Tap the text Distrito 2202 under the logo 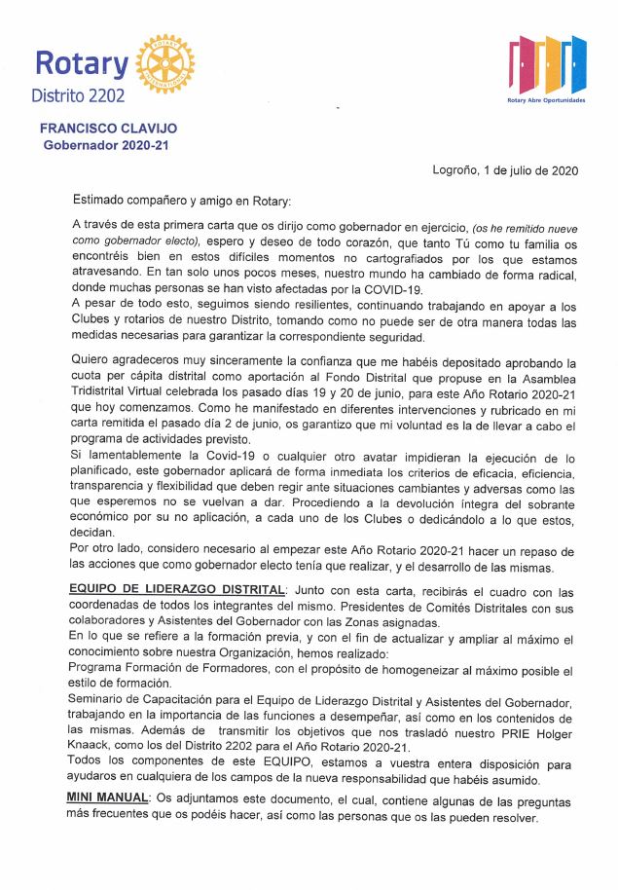[80, 95]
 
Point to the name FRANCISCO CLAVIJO [108, 128]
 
